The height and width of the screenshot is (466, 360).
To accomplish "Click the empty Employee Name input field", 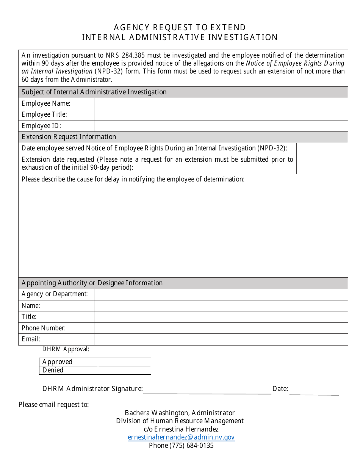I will (x=221, y=103).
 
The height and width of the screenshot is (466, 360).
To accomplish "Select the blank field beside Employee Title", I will (x=221, y=115).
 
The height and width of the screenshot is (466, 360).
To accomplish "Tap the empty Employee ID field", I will (x=221, y=126).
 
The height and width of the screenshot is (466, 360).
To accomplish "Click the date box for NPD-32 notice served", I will (x=322, y=148).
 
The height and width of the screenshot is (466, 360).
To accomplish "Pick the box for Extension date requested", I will (x=322, y=164).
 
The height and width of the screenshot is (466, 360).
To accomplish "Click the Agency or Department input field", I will (x=221, y=294).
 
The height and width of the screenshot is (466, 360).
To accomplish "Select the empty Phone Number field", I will (x=221, y=328).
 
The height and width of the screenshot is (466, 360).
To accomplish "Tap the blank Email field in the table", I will (x=221, y=339).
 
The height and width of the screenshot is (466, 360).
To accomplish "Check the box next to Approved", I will (x=124, y=362).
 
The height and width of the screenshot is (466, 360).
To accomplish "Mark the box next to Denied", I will (x=124, y=370).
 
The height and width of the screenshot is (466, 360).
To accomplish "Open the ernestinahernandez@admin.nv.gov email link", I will (x=181, y=437).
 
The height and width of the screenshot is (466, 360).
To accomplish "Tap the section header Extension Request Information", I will (x=69, y=137).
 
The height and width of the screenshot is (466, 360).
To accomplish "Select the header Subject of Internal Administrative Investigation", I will (x=94, y=92).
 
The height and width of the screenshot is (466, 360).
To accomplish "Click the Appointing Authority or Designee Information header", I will (x=92, y=283).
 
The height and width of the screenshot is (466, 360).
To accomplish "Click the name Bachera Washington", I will (x=156, y=413).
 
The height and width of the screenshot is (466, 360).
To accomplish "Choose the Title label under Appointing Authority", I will (x=29, y=317).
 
